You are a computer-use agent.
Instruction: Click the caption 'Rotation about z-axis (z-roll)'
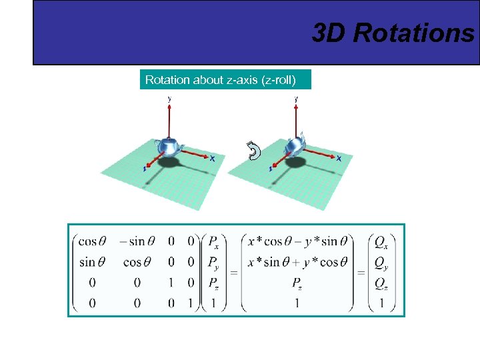tap(227, 80)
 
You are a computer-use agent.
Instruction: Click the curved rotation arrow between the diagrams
tap(253, 152)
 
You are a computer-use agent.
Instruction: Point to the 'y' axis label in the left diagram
tap(169, 98)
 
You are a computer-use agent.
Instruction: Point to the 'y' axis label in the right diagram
tap(296, 98)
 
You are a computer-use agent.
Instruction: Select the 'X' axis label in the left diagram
tap(212, 159)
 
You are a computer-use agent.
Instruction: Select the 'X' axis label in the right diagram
tap(339, 159)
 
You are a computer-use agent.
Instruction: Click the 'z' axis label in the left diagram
tap(143, 169)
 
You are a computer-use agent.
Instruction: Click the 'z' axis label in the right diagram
tap(271, 169)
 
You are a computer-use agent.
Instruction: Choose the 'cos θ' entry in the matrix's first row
tap(93, 241)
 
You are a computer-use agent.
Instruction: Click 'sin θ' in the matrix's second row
tap(93, 262)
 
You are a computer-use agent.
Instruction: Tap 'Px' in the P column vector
tap(214, 241)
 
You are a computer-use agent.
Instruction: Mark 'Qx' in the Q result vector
tap(381, 241)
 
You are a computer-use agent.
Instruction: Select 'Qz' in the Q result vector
tap(381, 284)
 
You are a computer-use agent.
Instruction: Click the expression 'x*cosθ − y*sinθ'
tap(293, 241)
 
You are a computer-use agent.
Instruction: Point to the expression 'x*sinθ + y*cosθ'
tap(293, 262)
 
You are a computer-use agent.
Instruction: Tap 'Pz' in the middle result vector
tap(297, 283)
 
